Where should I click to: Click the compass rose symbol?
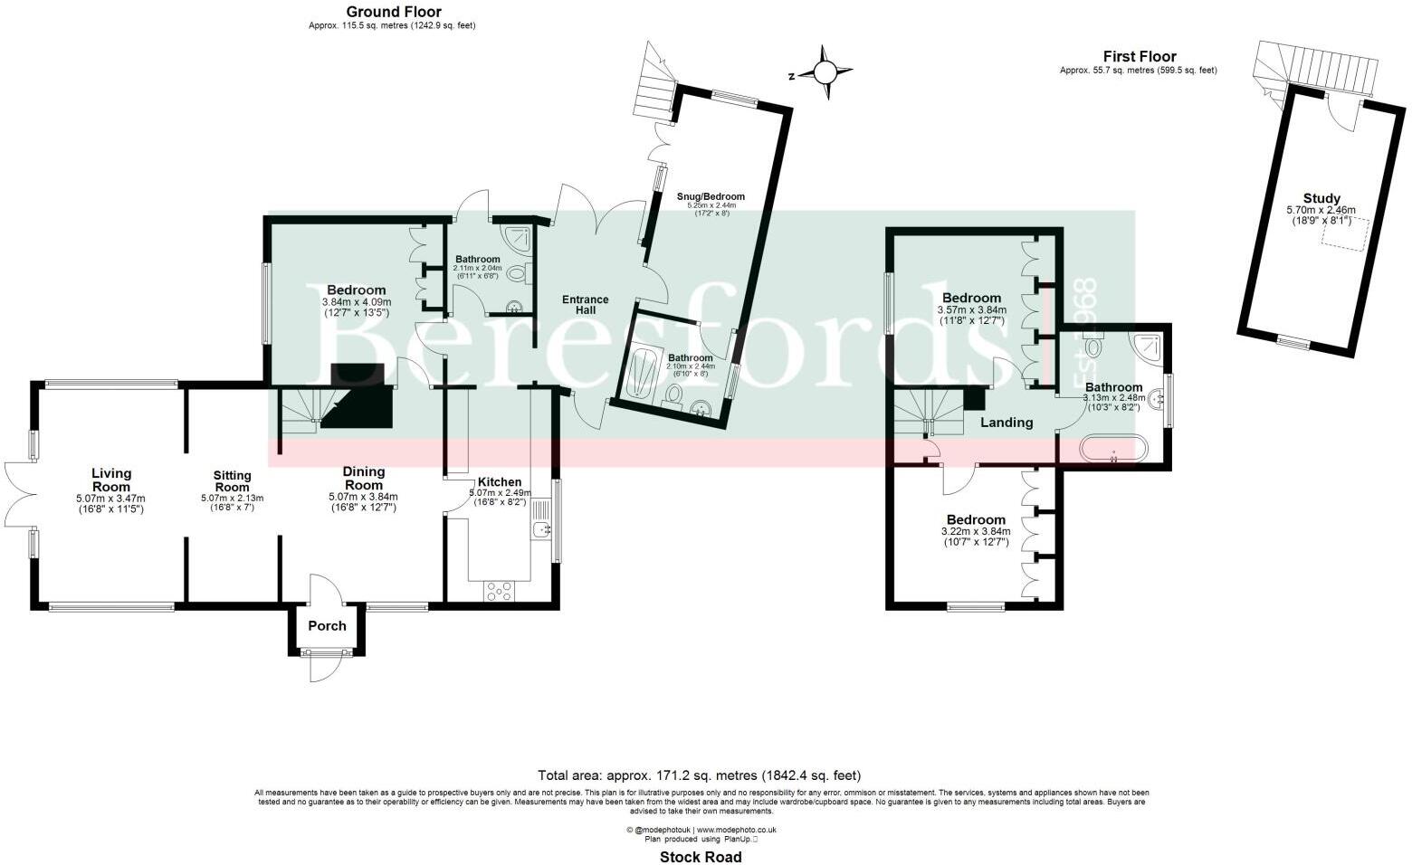[825, 71]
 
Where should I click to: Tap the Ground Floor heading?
[394, 12]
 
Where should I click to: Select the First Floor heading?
[1139, 56]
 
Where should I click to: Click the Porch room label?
[327, 625]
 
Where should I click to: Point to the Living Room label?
[110, 480]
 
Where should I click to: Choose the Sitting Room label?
[232, 480]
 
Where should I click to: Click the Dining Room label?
[364, 478]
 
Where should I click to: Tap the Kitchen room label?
[499, 481]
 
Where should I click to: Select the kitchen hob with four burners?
[499, 591]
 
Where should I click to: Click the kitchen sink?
[541, 528]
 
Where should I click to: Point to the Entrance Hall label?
[585, 305]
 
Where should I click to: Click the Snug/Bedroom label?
[711, 196]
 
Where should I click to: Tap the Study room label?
[1321, 199]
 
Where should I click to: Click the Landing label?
[1007, 423]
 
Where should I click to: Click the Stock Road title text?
[700, 857]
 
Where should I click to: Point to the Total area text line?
[699, 775]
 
